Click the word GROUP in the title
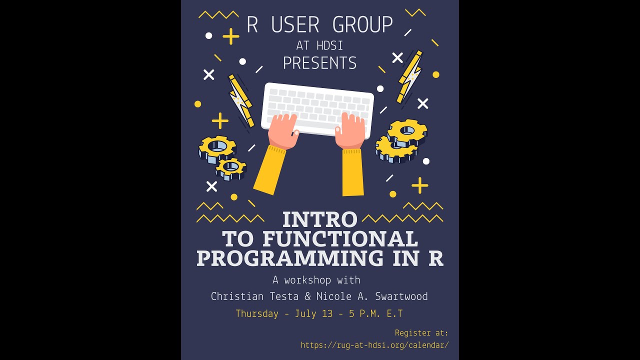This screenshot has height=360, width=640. (x=356, y=25)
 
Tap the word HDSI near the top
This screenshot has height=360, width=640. (x=329, y=45)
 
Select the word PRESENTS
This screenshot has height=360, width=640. (x=320, y=63)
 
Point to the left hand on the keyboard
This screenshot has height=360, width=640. (x=283, y=131)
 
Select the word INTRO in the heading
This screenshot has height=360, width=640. (x=320, y=219)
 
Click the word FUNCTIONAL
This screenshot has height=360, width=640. (x=340, y=239)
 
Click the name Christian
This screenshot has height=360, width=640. (x=237, y=296)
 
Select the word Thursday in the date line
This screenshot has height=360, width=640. (x=257, y=314)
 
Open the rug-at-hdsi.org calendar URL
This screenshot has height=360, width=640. (x=374, y=345)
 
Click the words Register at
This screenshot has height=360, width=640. (x=421, y=333)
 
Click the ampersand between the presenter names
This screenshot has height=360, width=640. (x=308, y=296)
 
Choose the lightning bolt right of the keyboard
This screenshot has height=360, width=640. (x=410, y=76)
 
